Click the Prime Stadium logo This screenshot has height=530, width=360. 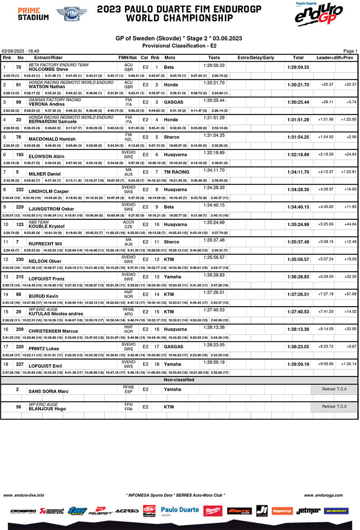tap(33, 14)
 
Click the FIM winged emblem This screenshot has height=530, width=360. tap(72, 14)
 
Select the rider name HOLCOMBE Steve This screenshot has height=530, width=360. tap(48, 69)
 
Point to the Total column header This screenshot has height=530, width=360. tap(298, 58)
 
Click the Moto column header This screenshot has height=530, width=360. tap(170, 58)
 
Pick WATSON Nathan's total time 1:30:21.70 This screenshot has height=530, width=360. tap(298, 85)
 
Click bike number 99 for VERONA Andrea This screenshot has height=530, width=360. tap(19, 102)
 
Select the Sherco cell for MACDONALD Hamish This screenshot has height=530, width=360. tap(172, 137)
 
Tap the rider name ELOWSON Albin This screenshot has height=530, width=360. tap(46, 157)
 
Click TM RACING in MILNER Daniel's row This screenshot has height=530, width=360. tap(177, 172)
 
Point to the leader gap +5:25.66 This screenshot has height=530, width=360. tap(326, 224)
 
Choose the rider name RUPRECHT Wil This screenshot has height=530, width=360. tap(45, 244)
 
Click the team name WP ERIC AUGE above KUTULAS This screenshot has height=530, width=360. tap(43, 309)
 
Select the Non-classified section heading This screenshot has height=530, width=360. tap(179, 380)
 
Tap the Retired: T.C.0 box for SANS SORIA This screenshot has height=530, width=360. tap(334, 389)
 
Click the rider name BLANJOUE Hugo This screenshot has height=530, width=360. tap(47, 409)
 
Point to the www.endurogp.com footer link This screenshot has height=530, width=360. tap(323, 495)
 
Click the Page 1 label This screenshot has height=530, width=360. tap(350, 51)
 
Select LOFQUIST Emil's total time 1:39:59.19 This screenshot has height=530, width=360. tap(298, 364)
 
